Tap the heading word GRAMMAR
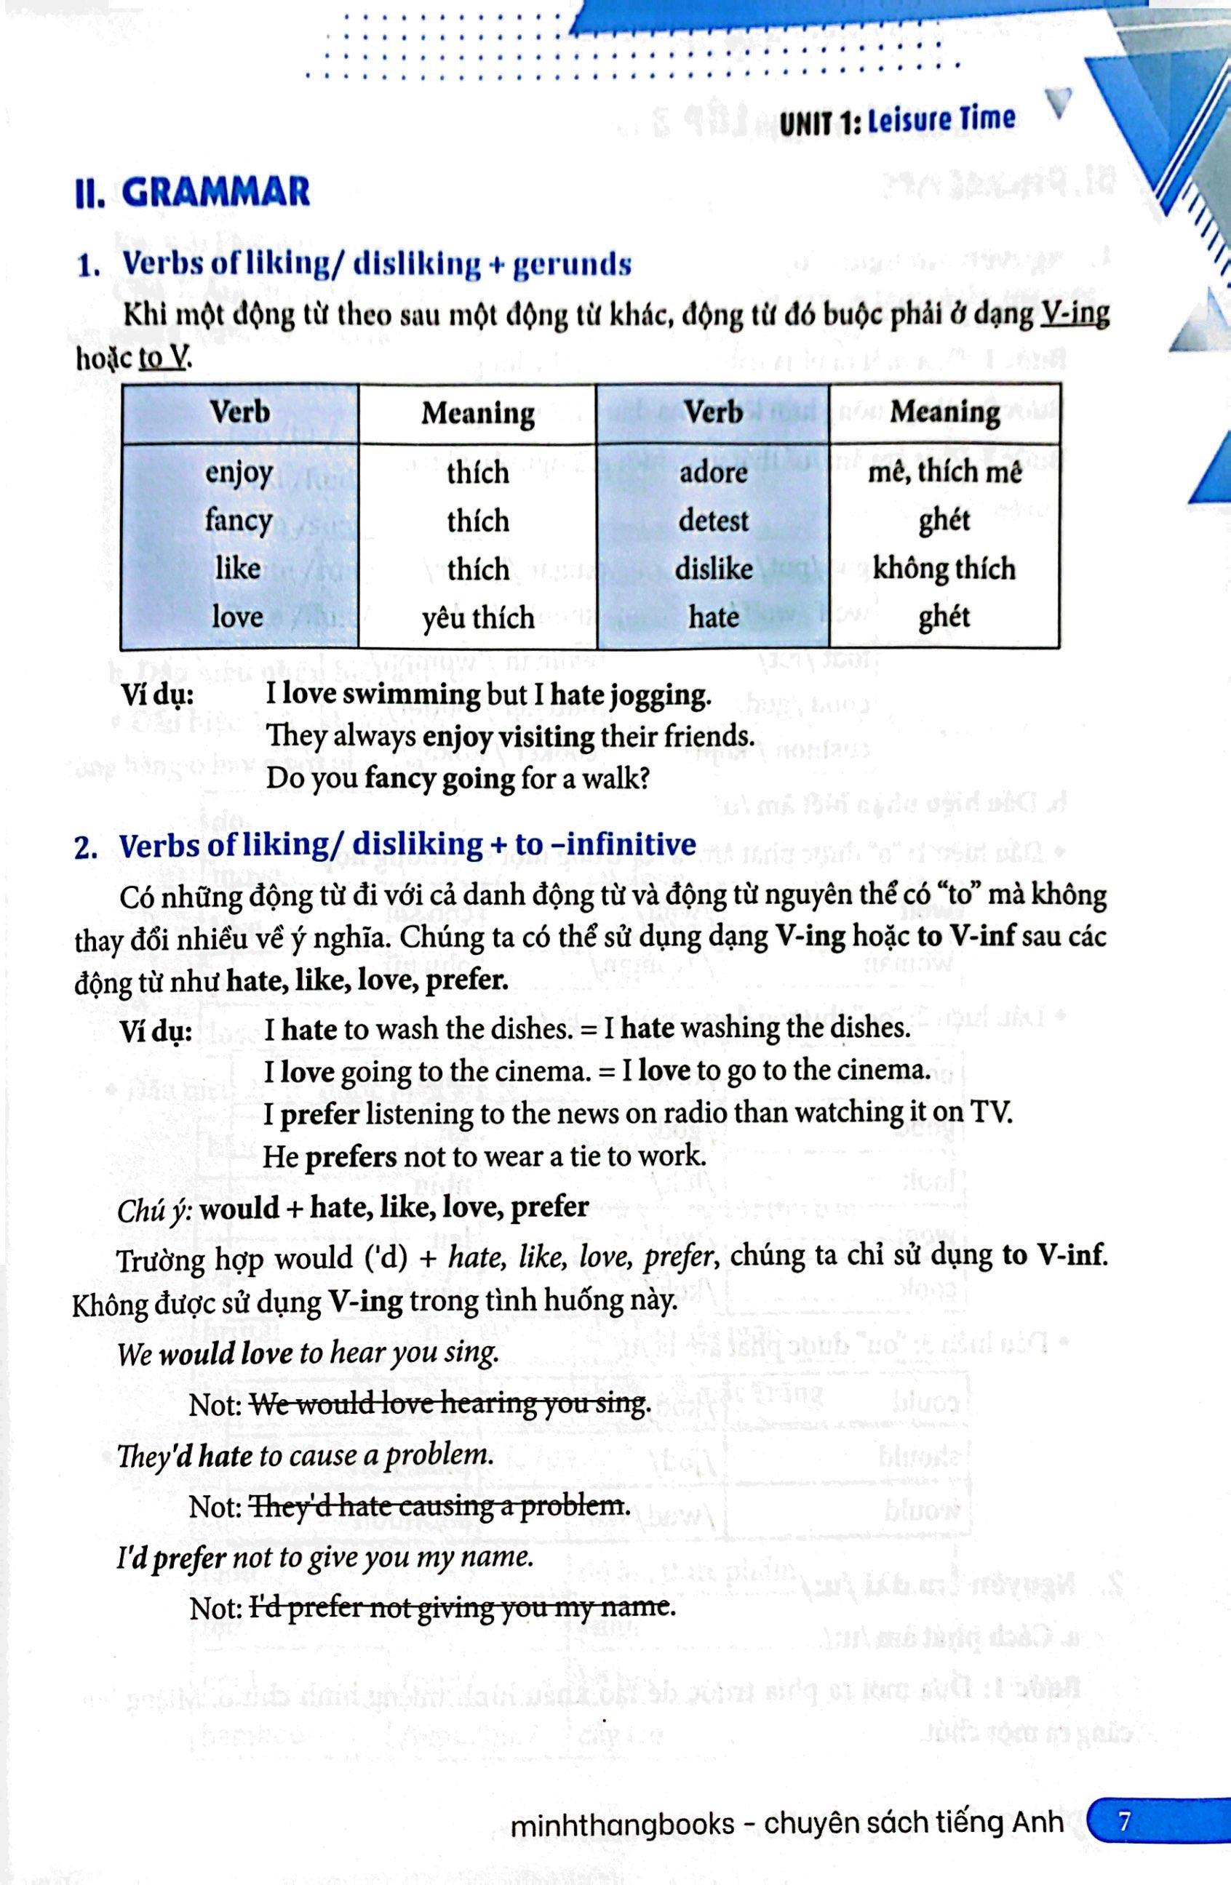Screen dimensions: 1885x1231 [216, 193]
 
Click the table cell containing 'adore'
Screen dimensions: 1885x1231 [713, 473]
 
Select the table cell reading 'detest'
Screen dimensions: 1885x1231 [713, 521]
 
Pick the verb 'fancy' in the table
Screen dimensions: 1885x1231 [239, 521]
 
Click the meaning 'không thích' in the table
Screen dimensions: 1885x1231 [944, 569]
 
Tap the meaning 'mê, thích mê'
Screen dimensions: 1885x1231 [944, 473]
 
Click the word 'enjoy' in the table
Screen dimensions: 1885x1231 [239, 473]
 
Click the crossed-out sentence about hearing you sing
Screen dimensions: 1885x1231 [450, 1403]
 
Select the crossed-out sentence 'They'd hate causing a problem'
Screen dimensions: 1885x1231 [440, 1505]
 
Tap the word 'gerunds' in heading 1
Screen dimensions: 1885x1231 [572, 265]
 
